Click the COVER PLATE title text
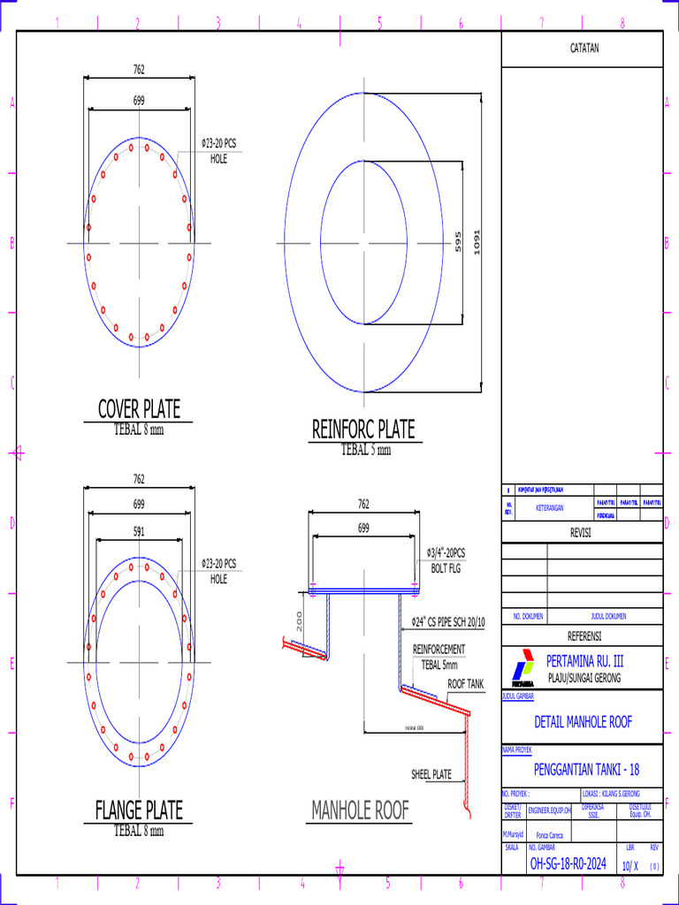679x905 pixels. tap(139, 409)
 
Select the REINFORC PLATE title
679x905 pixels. tap(362, 430)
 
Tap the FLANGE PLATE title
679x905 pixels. tap(139, 810)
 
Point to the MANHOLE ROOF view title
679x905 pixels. tap(360, 810)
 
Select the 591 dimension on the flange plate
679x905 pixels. tap(139, 532)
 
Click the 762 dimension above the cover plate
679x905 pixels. tap(139, 70)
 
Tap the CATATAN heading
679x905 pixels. tap(584, 49)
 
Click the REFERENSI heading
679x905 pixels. tap(584, 636)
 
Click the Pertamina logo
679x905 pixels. tap(523, 668)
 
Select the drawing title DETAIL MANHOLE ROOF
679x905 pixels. tap(584, 722)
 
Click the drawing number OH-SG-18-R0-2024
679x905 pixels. tap(568, 864)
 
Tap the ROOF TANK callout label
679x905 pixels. tap(465, 684)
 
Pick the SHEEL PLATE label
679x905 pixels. tap(431, 774)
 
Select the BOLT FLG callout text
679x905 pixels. tap(446, 568)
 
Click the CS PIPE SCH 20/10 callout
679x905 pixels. tap(448, 622)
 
